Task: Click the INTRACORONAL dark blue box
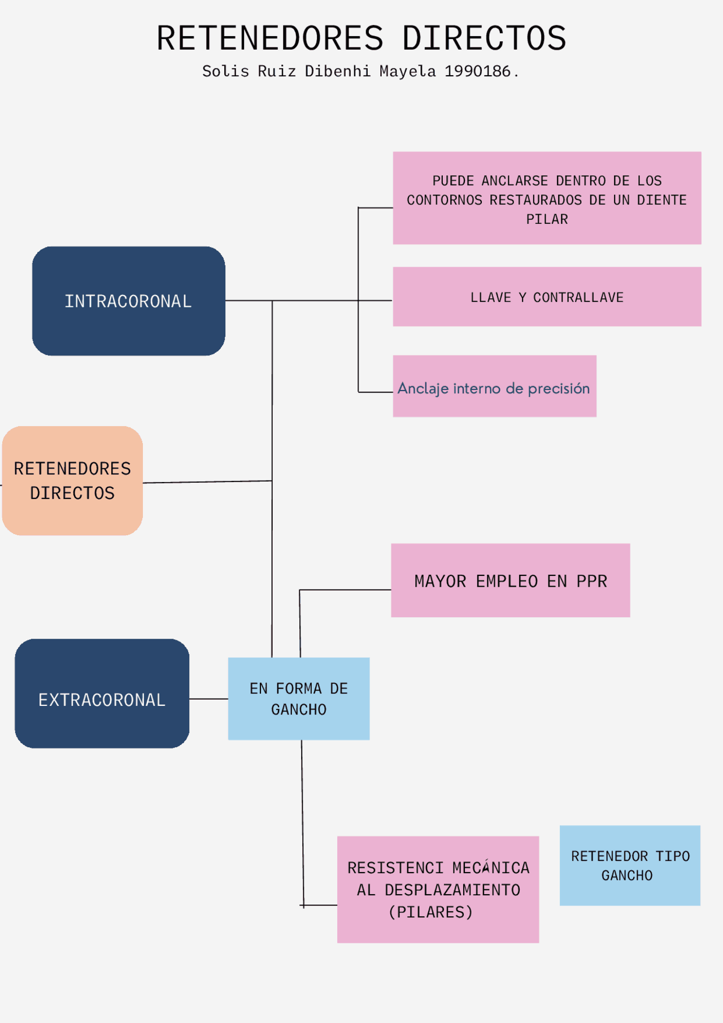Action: coord(128,301)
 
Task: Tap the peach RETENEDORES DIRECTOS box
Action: coord(72,480)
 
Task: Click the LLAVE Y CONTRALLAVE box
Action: coord(547,297)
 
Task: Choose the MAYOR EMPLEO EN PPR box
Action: coord(510,580)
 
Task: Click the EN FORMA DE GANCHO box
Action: coord(298,699)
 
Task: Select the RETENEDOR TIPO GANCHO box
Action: coord(630,865)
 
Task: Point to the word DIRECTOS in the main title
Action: coord(484,38)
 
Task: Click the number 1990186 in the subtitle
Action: coord(477,71)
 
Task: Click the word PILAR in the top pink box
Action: coord(547,219)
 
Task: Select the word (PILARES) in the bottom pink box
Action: coord(430,912)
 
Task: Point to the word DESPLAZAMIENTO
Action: coord(452,890)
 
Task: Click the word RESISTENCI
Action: coord(395,868)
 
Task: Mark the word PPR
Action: coord(591,582)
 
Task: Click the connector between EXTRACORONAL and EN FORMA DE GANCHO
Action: coord(208,699)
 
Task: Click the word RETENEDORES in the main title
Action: coord(270,38)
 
